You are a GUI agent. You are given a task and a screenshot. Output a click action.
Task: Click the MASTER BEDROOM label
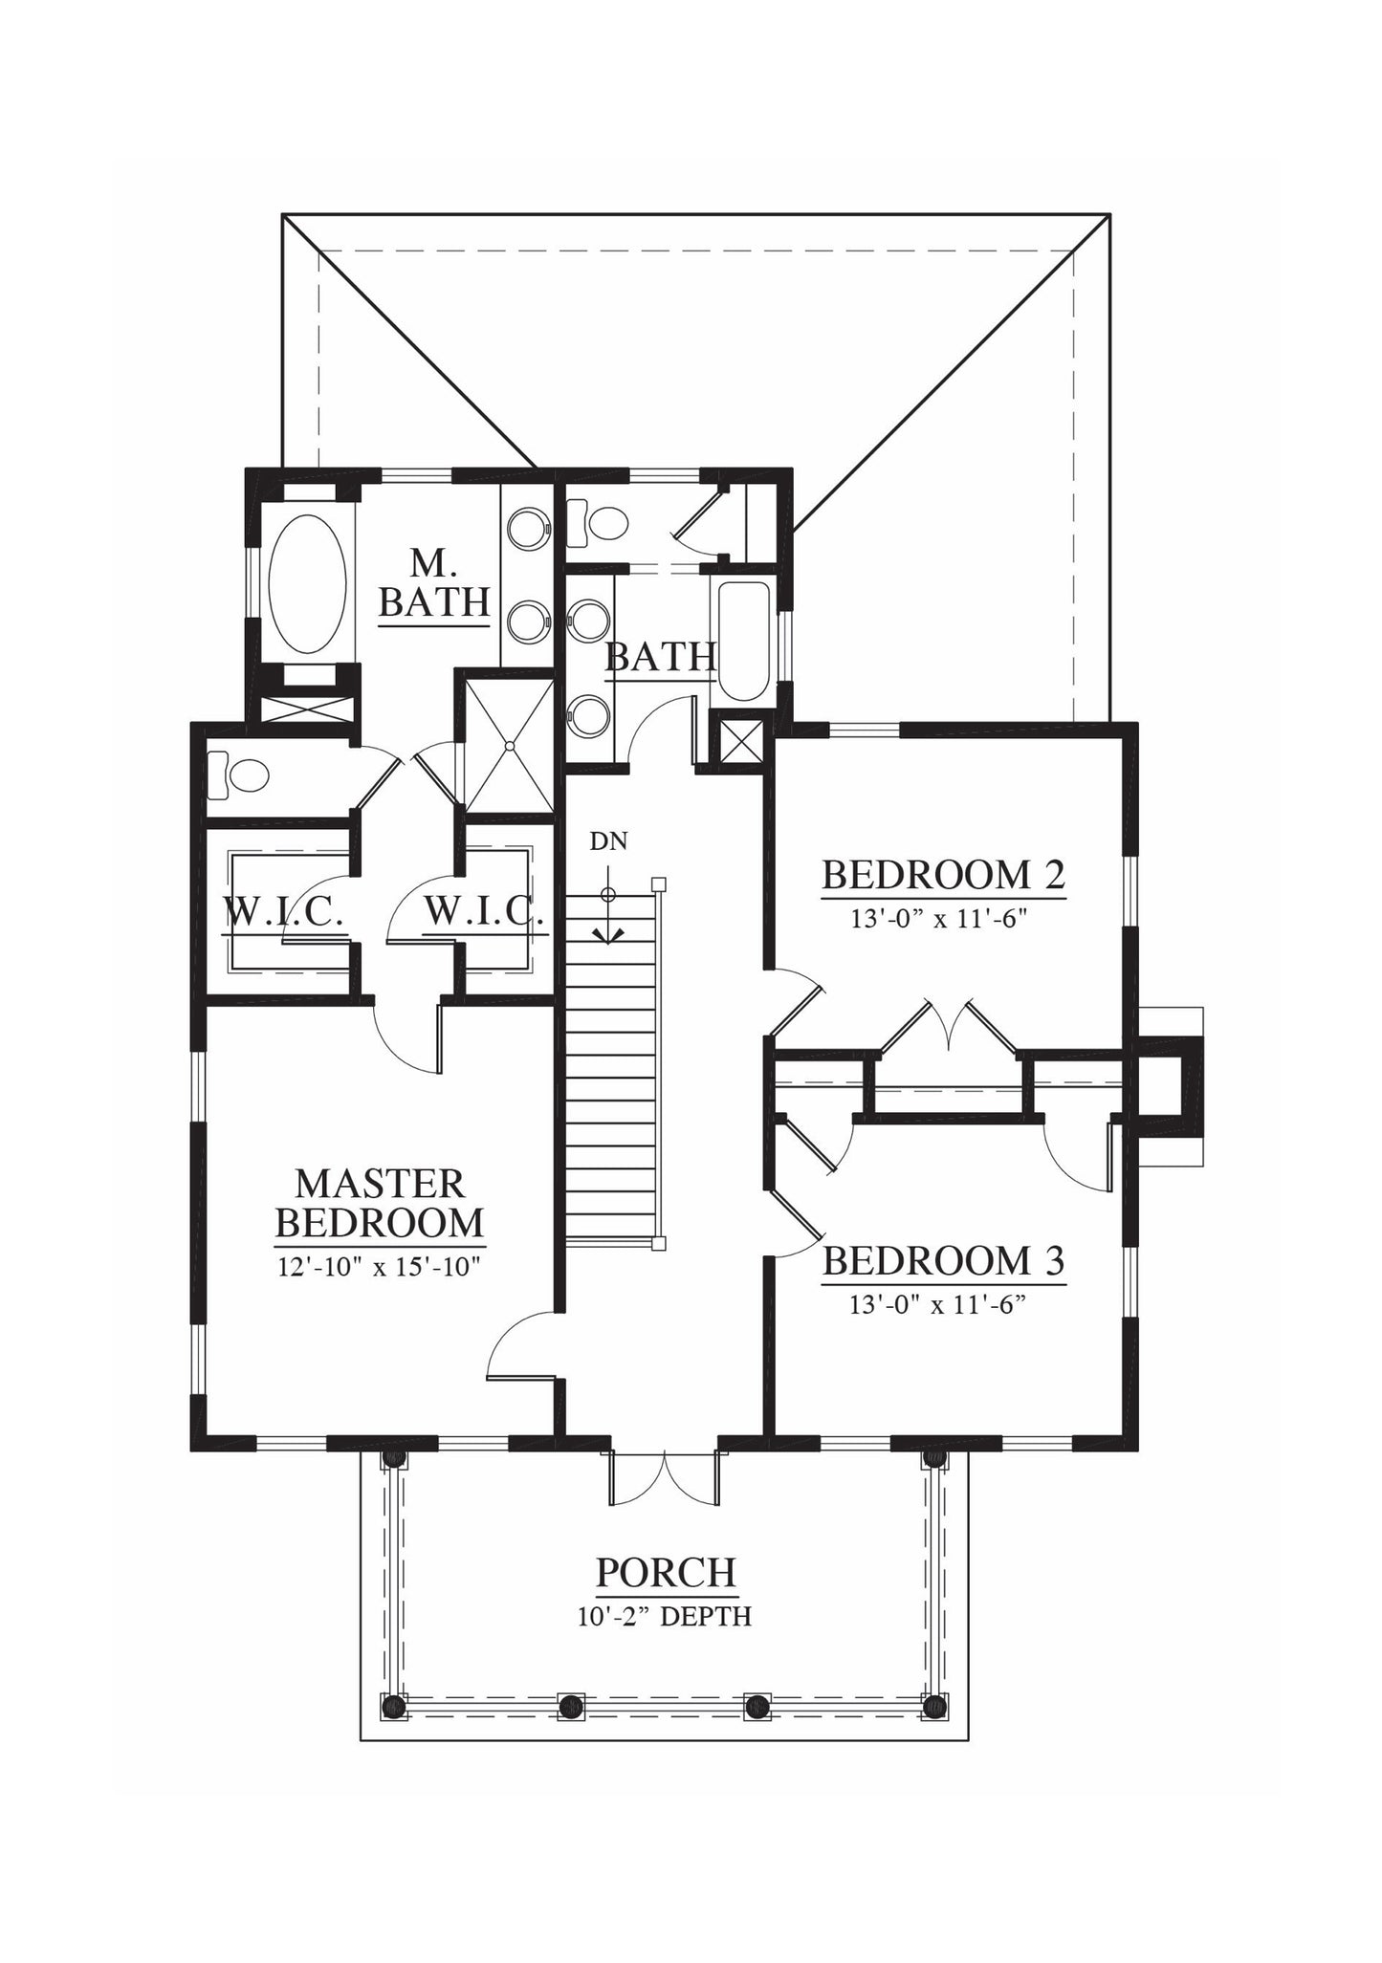click(x=380, y=1203)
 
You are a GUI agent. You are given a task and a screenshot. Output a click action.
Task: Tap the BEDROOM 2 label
click(x=943, y=875)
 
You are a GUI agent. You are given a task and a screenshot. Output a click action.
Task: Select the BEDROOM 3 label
click(x=943, y=1261)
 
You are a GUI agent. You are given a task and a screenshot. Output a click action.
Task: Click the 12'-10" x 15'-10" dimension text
click(x=379, y=1267)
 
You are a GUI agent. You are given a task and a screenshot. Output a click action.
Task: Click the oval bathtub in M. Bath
click(x=307, y=585)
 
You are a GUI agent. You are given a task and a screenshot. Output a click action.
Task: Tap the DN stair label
click(x=608, y=841)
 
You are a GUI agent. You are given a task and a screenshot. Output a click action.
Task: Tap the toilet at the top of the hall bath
click(x=598, y=522)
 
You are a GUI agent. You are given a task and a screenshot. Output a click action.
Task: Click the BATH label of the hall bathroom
click(x=661, y=657)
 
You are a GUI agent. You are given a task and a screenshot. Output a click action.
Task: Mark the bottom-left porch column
click(x=392, y=1706)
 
